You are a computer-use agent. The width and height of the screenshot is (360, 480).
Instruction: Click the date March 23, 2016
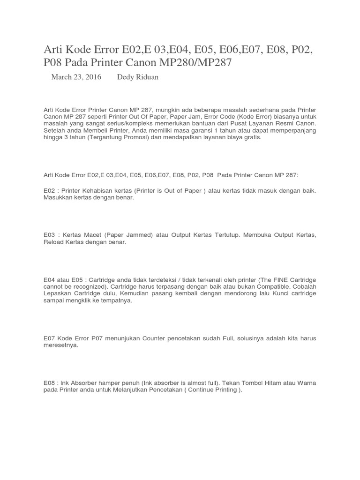coord(76,77)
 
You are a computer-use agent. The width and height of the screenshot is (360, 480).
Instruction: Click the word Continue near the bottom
coord(205,390)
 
